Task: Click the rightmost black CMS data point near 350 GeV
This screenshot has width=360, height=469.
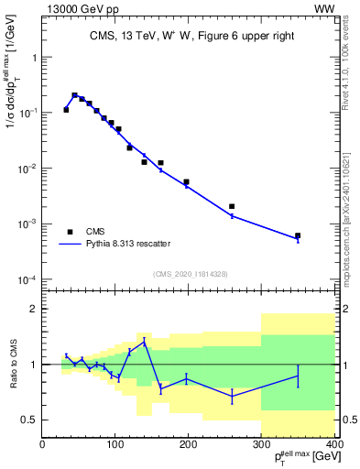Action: pyautogui.click(x=298, y=235)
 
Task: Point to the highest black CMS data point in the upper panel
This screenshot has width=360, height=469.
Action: pyautogui.click(x=74, y=94)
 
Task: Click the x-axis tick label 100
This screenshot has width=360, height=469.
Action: pyautogui.click(x=115, y=444)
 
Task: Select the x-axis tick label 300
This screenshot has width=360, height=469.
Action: pyautogui.click(x=262, y=444)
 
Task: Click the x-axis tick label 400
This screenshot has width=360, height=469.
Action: pyautogui.click(x=334, y=444)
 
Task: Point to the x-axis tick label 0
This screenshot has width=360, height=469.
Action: pyautogui.click(x=42, y=444)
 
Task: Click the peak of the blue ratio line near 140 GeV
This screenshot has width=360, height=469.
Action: pyautogui.click(x=145, y=341)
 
